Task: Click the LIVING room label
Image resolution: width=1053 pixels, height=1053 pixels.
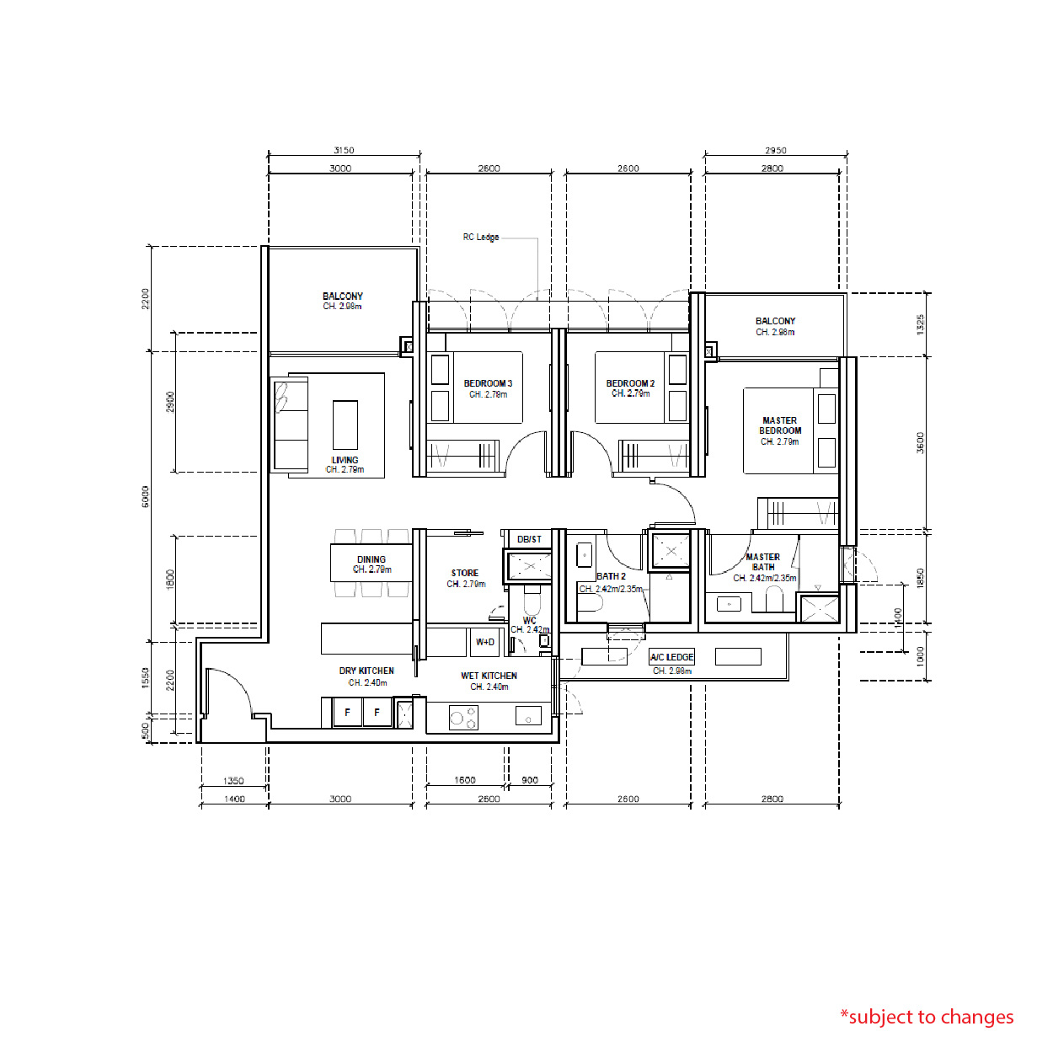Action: point(345,460)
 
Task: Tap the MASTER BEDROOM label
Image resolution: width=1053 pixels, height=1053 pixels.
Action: point(780,425)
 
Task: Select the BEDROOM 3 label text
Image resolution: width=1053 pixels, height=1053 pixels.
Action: point(488,383)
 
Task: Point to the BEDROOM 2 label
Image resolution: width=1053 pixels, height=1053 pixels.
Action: point(630,383)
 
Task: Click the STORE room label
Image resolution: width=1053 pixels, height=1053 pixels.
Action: point(464,573)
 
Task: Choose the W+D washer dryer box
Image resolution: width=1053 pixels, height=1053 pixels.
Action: point(485,642)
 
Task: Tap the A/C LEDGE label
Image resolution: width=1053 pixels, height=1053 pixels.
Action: point(671,657)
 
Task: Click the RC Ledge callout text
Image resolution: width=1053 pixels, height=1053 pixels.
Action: point(480,238)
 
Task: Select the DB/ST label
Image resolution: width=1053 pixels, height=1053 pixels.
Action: point(529,539)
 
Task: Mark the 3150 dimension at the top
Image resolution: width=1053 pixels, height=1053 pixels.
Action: point(344,150)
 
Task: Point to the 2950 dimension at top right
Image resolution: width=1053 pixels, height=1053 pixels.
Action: point(775,150)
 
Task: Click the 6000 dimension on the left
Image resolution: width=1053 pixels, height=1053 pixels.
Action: point(146,496)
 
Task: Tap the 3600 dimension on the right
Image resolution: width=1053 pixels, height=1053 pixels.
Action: point(921,442)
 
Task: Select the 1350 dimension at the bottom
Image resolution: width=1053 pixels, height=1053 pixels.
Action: point(233,781)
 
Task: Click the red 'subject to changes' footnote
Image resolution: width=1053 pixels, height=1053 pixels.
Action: point(927,1017)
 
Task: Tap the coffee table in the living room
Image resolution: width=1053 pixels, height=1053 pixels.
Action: point(345,425)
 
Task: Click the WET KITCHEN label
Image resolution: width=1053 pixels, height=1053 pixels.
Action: point(489,676)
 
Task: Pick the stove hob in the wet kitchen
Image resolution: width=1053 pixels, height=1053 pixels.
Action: point(463,718)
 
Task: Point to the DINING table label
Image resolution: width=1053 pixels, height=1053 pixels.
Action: point(371,559)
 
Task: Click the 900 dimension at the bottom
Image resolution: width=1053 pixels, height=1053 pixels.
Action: point(530,780)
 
